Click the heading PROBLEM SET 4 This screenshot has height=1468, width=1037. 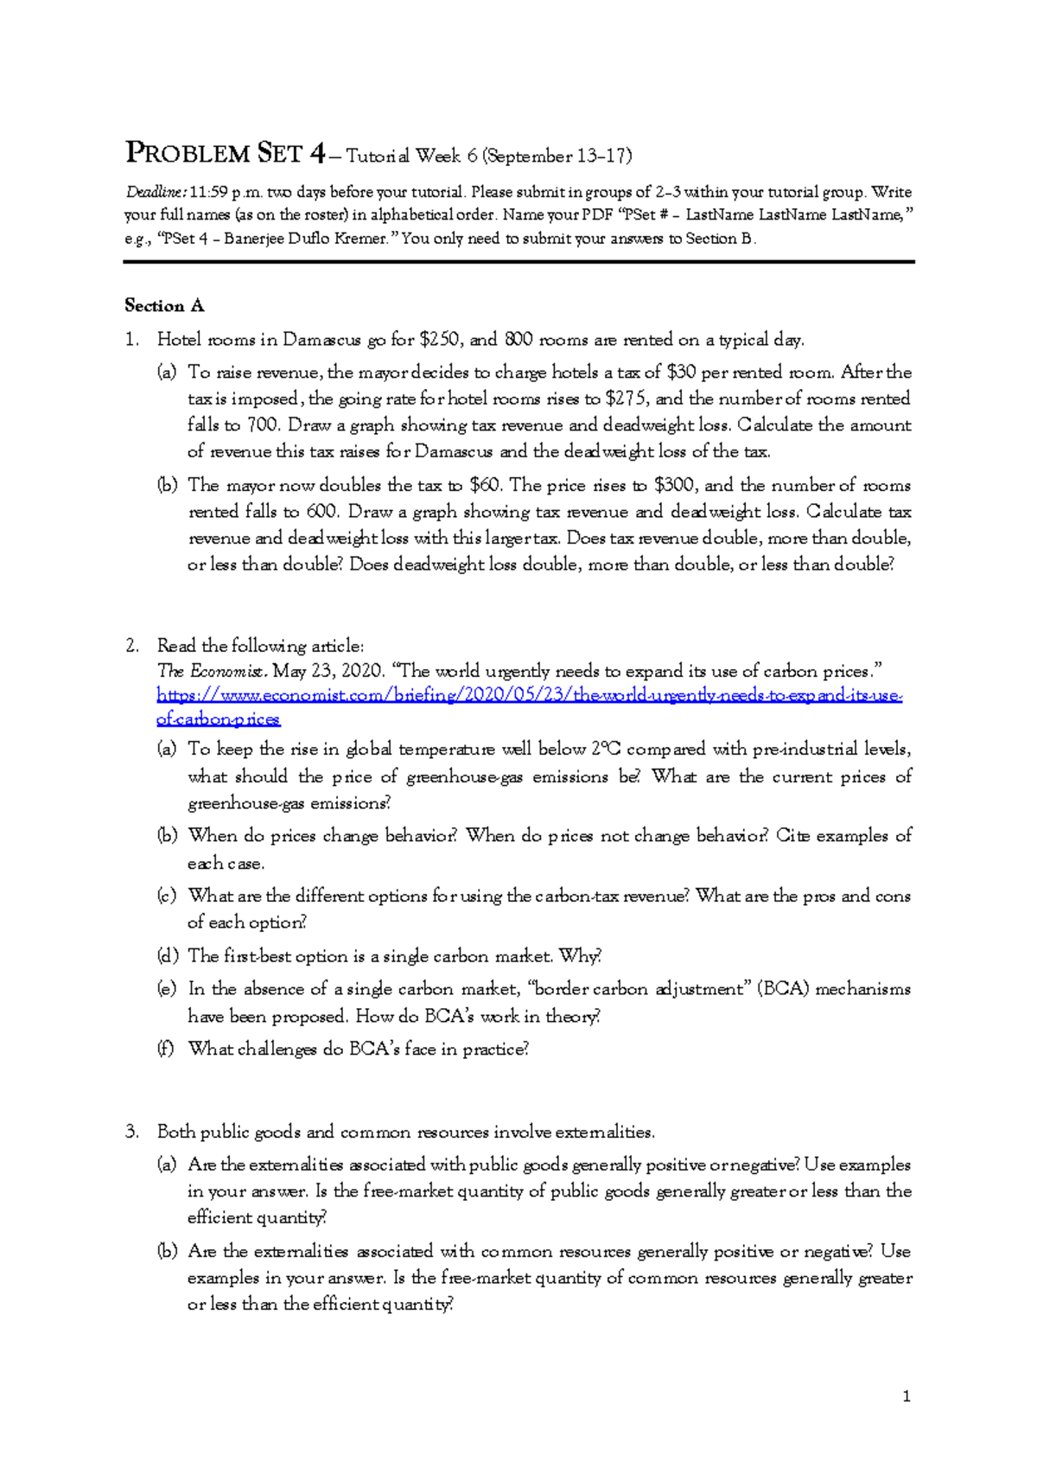226,154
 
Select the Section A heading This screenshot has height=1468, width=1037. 164,305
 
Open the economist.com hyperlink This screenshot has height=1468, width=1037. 529,696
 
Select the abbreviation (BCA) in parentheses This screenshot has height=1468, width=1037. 783,989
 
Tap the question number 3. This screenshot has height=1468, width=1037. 131,1132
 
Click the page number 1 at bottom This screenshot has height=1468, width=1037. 906,1396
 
